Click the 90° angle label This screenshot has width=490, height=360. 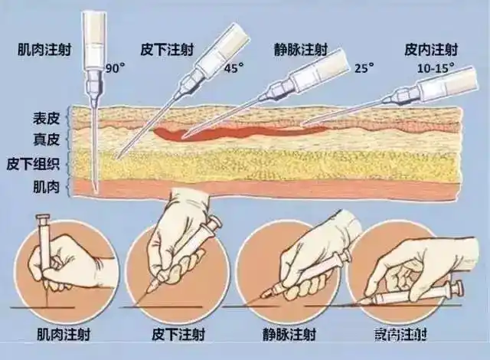tap(115, 67)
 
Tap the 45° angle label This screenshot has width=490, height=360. tap(234, 67)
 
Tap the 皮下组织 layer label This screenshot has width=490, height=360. tap(33, 163)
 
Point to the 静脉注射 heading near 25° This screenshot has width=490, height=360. tap(301, 51)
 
